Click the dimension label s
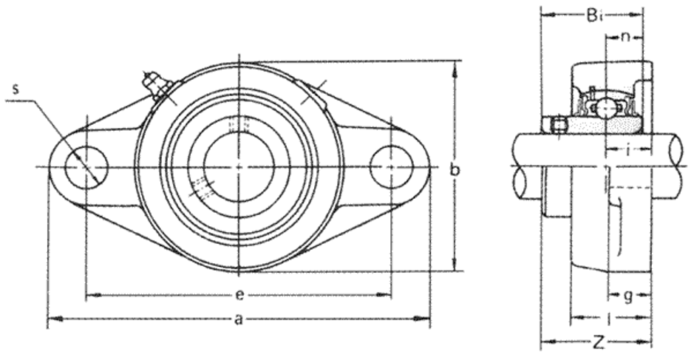(16, 89)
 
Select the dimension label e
(239, 295)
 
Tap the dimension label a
(239, 319)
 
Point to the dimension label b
(455, 169)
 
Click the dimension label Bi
(594, 16)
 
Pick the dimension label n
(625, 37)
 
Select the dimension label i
(628, 151)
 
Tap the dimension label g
(628, 296)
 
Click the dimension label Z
(599, 342)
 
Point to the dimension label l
(610, 318)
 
